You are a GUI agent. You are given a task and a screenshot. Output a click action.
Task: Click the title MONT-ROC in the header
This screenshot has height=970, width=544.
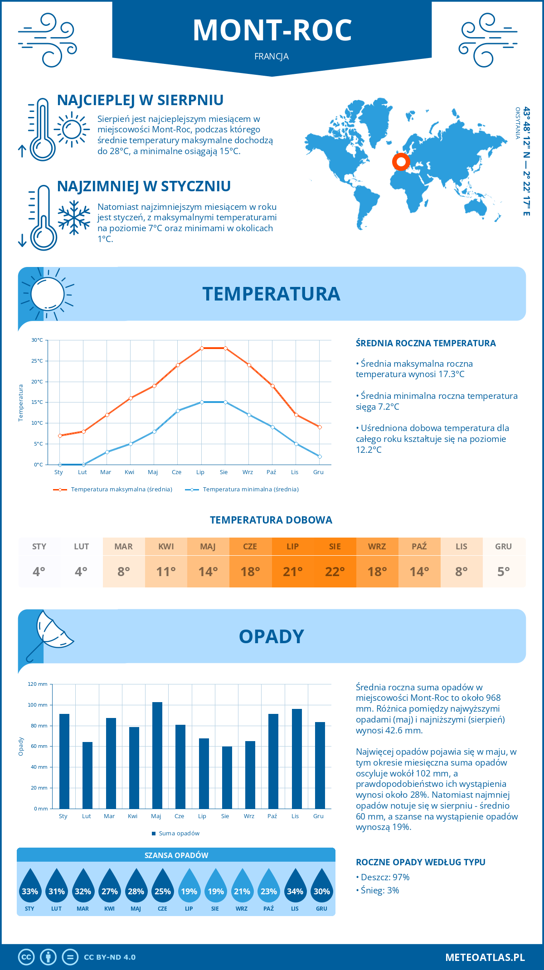pos(272,30)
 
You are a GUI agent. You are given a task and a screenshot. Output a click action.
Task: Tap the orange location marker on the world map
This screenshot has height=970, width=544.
pos(401,161)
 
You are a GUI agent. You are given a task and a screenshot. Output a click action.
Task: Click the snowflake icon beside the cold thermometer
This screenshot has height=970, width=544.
pos(74,218)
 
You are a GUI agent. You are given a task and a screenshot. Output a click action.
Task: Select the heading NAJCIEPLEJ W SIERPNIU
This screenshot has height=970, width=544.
pos(140,100)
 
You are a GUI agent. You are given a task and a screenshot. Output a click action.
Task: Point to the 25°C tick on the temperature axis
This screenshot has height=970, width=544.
pos(37,361)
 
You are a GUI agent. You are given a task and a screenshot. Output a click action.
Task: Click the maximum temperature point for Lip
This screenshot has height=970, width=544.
pos(202,348)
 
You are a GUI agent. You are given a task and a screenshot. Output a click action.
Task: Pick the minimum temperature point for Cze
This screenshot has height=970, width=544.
pos(178,411)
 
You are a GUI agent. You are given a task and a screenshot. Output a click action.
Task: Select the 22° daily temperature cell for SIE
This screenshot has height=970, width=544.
pos(335,571)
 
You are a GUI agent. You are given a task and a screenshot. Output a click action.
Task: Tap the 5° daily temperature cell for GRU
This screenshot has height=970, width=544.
pos(504,571)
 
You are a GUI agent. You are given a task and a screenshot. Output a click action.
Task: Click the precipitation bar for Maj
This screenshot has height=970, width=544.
pos(157,755)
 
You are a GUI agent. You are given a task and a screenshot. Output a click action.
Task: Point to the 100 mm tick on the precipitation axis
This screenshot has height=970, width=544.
pos(38,705)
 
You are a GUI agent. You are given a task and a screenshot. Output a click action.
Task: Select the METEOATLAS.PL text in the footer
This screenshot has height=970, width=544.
pos(485,957)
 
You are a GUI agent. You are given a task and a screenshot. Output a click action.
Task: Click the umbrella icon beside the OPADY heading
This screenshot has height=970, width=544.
pos(50,632)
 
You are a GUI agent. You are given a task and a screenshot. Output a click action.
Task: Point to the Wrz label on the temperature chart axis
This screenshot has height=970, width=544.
pos(248,472)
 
